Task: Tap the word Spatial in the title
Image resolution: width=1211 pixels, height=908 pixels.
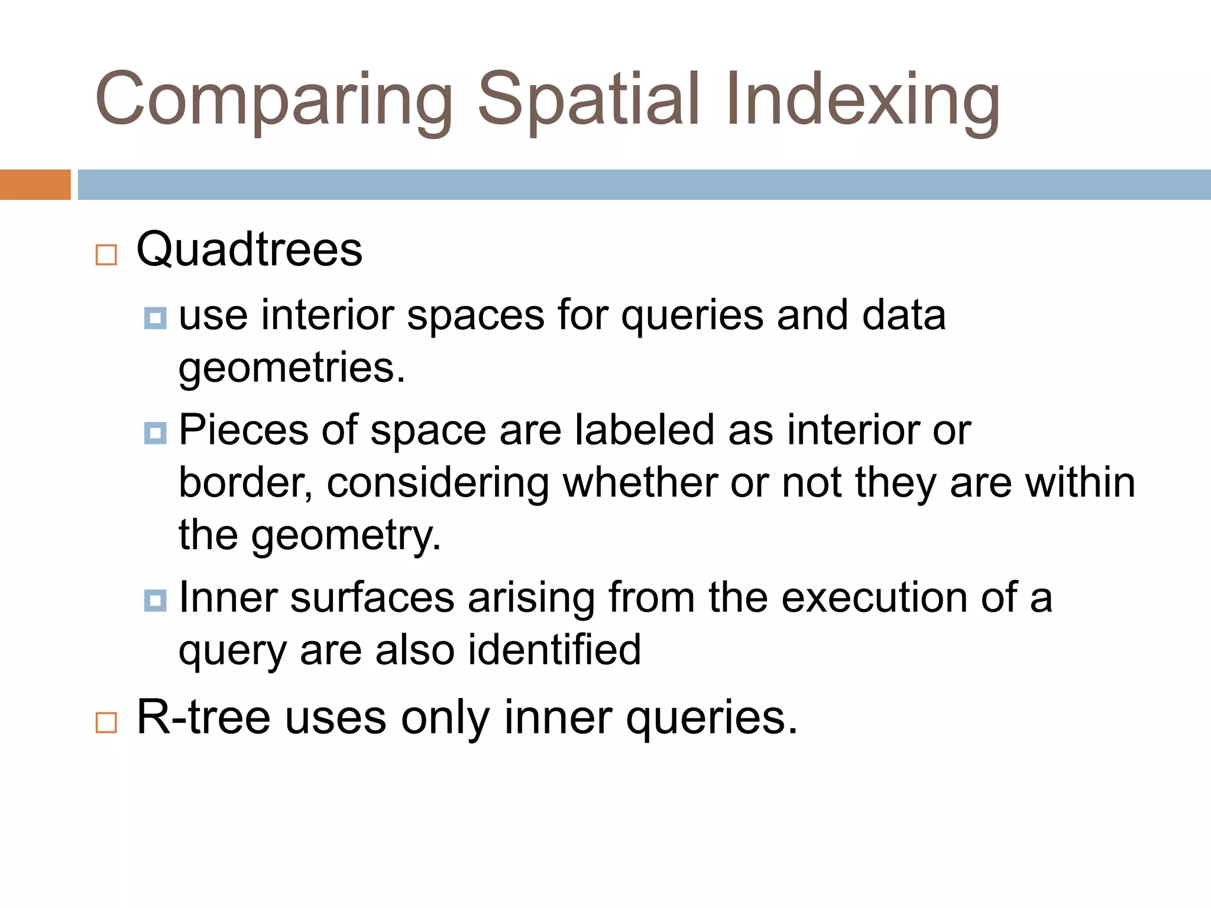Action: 588,100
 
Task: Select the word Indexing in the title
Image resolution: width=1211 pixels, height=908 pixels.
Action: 862,100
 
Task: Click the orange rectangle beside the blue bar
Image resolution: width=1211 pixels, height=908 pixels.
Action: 35,184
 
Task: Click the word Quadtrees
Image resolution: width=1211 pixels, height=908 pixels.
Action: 249,250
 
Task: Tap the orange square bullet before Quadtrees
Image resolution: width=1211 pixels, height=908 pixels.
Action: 106,255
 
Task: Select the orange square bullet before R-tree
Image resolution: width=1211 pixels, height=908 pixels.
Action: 106,722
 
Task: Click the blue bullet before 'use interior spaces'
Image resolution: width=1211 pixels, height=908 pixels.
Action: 155,318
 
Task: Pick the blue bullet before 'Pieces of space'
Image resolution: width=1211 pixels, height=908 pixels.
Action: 155,433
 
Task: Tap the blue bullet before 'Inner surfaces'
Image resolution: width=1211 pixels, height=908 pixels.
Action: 155,601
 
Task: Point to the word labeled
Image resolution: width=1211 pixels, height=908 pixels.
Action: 644,430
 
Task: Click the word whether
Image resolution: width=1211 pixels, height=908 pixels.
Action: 639,483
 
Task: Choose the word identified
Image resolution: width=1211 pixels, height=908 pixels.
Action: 554,650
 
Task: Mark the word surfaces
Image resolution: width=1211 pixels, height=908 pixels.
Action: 372,598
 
